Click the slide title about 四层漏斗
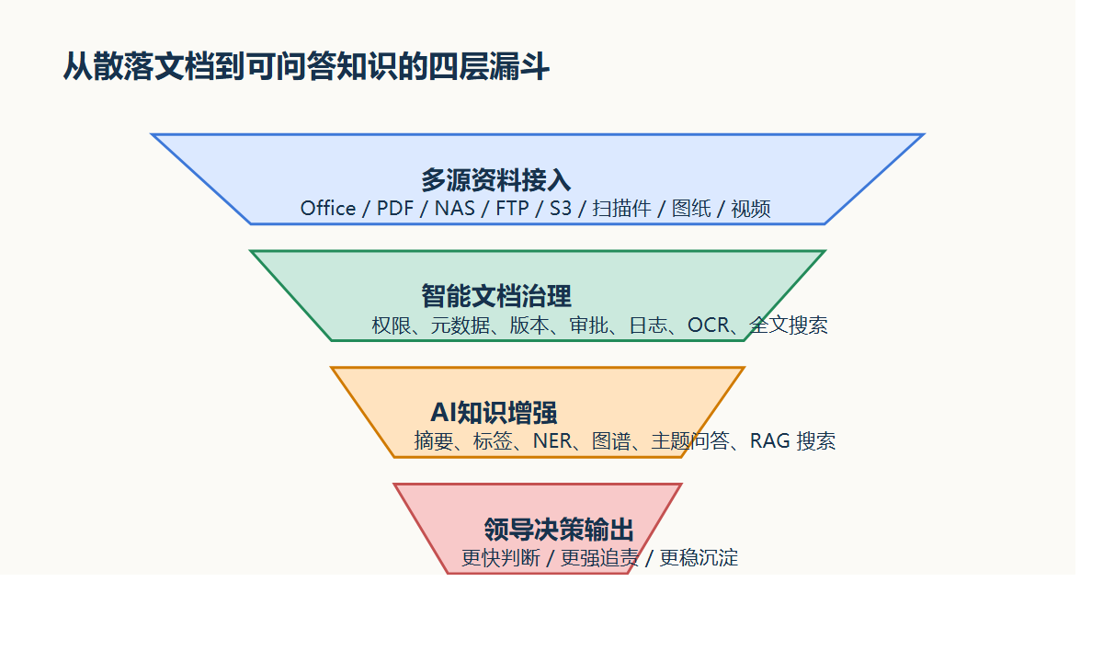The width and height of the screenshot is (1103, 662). click(x=306, y=67)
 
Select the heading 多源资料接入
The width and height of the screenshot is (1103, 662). click(x=496, y=179)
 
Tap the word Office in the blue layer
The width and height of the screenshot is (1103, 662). click(x=328, y=209)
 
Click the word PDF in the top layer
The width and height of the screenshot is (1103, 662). click(x=395, y=209)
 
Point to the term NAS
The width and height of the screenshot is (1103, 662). click(x=455, y=209)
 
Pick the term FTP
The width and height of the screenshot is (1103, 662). click(x=512, y=209)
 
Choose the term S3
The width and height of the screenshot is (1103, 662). click(x=561, y=209)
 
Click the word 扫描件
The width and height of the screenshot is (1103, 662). click(x=622, y=209)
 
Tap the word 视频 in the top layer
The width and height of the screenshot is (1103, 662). click(x=751, y=209)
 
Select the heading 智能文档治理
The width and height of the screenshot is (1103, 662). click(x=496, y=296)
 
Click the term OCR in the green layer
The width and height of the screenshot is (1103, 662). click(x=708, y=325)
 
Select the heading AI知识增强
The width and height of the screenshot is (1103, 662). click(x=494, y=413)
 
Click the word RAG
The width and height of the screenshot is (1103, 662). click(x=770, y=441)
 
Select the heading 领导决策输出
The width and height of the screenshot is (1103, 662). click(x=559, y=530)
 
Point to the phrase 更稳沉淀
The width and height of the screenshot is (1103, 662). click(x=699, y=558)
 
